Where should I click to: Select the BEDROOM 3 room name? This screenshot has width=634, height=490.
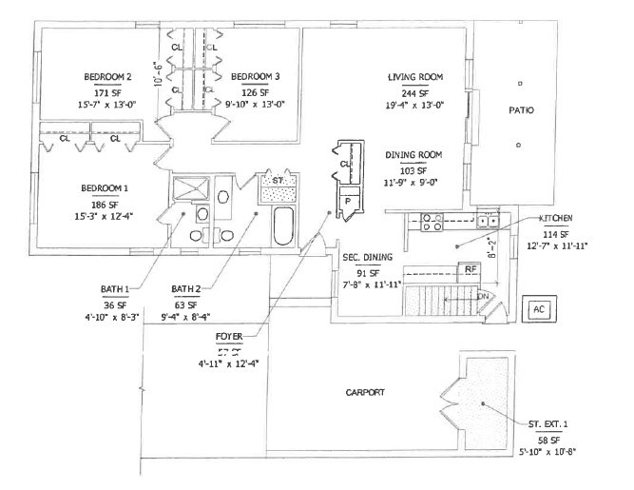click(x=255, y=76)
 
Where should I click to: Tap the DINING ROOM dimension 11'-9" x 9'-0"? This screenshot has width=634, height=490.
click(x=414, y=181)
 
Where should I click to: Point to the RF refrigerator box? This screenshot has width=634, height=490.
click(x=471, y=270)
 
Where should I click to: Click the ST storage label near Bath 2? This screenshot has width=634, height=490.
click(x=279, y=179)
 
